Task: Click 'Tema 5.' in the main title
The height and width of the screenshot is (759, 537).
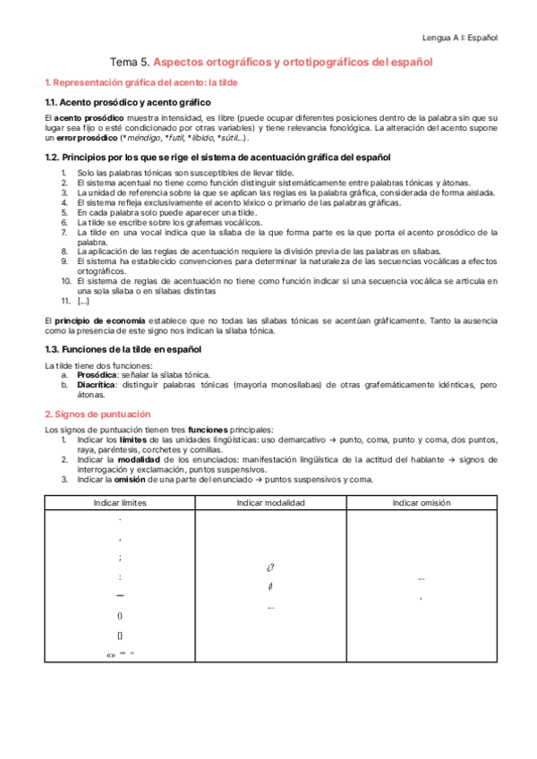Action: pos(129,63)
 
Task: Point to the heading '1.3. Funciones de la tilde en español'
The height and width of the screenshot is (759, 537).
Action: pos(124,348)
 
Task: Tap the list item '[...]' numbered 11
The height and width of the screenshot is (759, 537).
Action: pos(83,301)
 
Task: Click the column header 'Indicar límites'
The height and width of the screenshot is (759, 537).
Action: pos(120,503)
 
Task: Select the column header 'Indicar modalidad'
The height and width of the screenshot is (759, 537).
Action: pos(270,503)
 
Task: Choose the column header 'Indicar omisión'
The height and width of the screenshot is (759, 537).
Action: pos(421,503)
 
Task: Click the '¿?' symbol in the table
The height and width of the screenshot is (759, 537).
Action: pos(270,567)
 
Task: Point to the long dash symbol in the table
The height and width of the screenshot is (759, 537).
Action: pos(120,595)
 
